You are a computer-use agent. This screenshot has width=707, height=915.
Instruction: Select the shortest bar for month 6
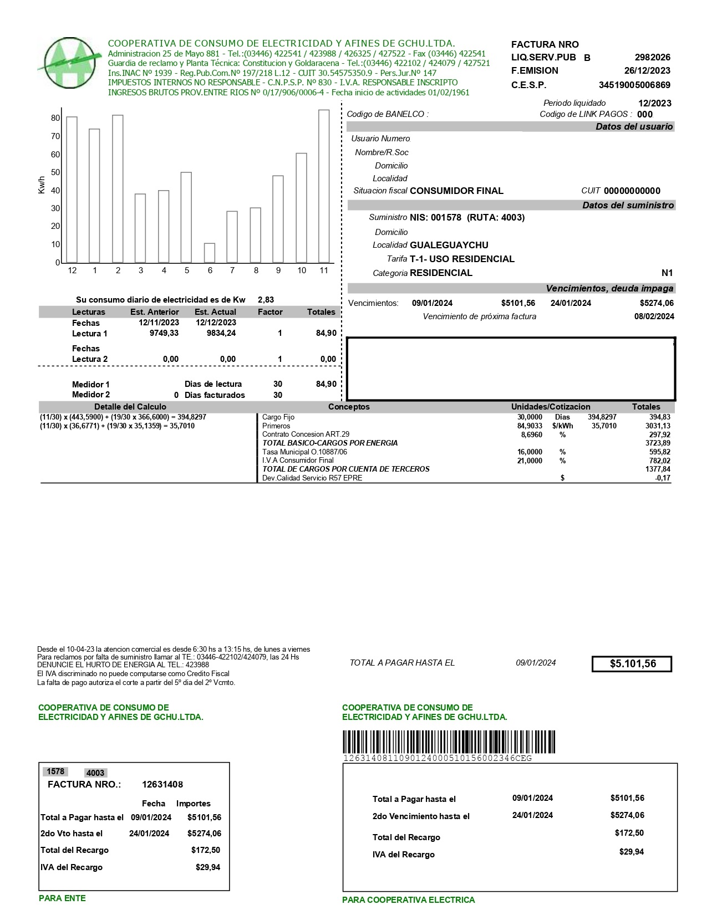209,253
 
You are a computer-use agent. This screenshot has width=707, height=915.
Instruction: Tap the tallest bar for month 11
324,186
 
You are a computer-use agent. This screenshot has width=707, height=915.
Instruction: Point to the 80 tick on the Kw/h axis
55,118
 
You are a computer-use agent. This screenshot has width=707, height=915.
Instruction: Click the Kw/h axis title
42,185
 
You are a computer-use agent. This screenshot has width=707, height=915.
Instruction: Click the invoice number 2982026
652,57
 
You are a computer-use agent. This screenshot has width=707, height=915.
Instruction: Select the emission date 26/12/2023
647,70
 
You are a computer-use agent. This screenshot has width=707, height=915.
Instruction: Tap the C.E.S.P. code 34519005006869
634,85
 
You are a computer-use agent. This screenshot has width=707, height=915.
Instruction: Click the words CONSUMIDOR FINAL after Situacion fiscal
456,191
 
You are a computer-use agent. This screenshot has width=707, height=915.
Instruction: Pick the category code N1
667,273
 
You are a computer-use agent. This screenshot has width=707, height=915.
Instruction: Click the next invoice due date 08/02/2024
654,316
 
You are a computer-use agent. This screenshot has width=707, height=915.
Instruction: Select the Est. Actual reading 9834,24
221,334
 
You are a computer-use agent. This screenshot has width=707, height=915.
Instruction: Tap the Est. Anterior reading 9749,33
164,334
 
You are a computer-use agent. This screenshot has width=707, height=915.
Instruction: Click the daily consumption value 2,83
266,300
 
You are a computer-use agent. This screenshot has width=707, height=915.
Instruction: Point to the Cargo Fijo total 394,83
659,417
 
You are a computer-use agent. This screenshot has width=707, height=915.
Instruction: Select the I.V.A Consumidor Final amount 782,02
659,461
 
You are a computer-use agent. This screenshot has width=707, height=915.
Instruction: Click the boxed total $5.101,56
632,664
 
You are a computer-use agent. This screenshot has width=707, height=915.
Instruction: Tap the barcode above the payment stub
448,742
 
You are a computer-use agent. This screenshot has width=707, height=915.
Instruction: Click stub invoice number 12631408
162,784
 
